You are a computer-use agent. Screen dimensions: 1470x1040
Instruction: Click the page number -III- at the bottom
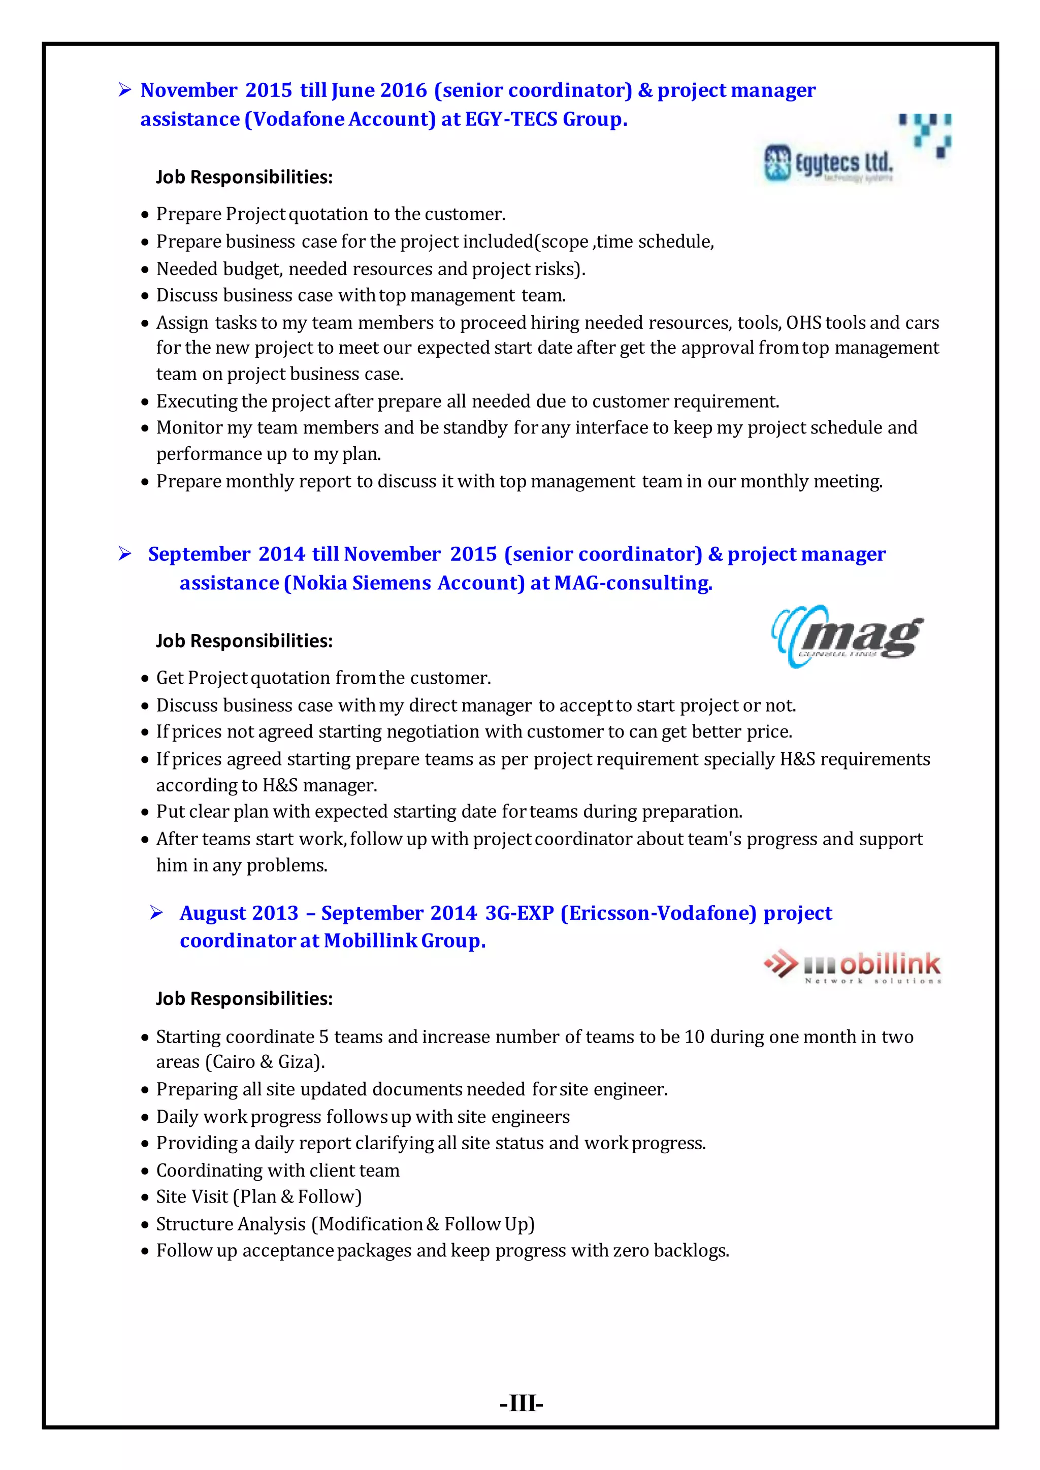click(x=521, y=1404)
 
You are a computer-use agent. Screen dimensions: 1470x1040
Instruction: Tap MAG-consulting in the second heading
click(x=633, y=583)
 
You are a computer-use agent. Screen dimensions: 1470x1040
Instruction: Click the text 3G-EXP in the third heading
click(x=519, y=913)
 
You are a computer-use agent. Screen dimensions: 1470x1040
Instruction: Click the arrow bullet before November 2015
click(x=125, y=90)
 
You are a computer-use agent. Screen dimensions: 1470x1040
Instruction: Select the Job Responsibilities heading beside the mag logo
click(x=244, y=641)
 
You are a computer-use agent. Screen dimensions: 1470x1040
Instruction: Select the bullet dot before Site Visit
click(x=145, y=1198)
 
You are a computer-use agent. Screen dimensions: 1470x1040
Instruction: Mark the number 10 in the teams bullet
click(x=694, y=1037)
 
